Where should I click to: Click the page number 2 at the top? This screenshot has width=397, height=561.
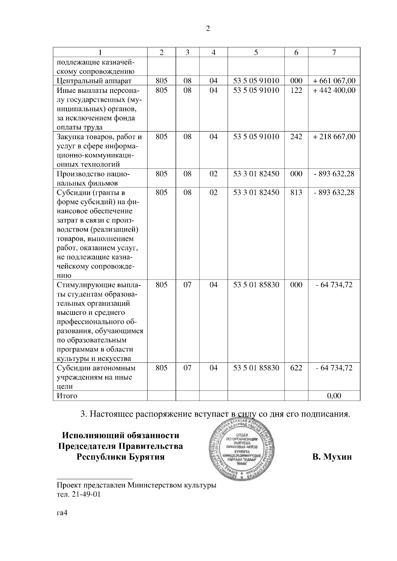pyautogui.click(x=208, y=29)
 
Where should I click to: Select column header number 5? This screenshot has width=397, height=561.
pyautogui.click(x=256, y=52)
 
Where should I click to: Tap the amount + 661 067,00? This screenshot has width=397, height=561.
pyautogui.click(x=334, y=81)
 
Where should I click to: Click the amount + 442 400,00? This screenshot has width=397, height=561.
pyautogui.click(x=334, y=90)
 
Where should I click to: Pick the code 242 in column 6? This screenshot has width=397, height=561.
pyautogui.click(x=296, y=136)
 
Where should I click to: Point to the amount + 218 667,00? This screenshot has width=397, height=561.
pyautogui.click(x=334, y=136)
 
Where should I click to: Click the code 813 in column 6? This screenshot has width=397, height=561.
pyautogui.click(x=296, y=192)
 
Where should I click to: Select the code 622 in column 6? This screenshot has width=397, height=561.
pyautogui.click(x=296, y=368)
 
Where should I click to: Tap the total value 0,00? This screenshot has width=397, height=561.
pyautogui.click(x=334, y=396)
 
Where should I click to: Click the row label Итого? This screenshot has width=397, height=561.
pyautogui.click(x=67, y=396)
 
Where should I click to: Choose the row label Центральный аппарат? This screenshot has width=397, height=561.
pyautogui.click(x=94, y=81)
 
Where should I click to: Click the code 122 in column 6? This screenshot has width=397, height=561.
pyautogui.click(x=296, y=90)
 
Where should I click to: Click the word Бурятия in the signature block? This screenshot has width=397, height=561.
pyautogui.click(x=146, y=457)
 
